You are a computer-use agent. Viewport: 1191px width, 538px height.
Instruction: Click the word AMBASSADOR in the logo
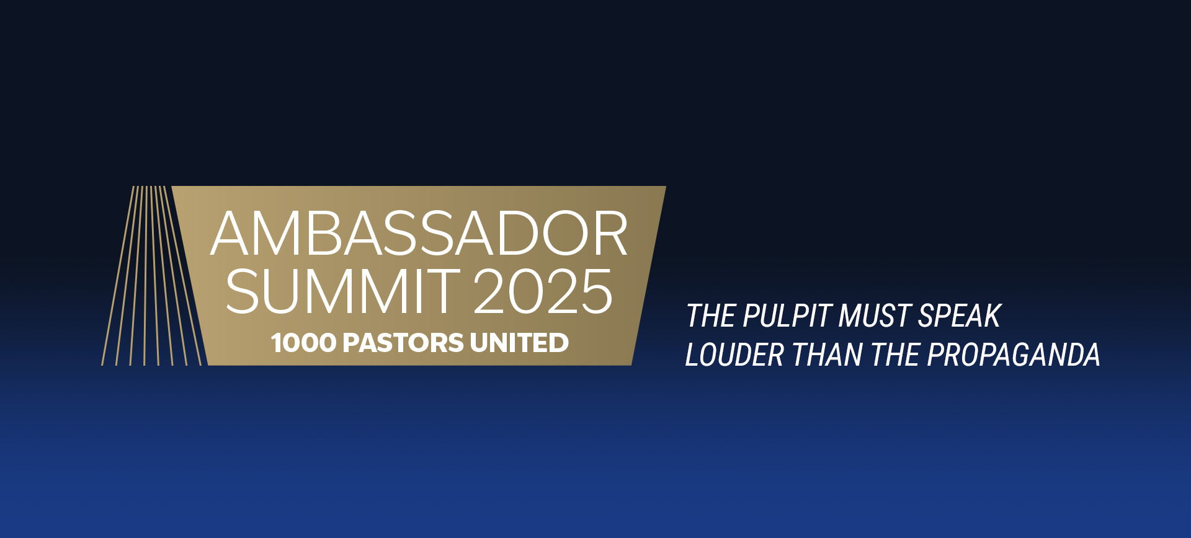419,233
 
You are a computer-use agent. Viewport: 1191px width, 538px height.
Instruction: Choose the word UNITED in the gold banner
519,343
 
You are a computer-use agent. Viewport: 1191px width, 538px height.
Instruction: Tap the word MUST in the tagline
875,316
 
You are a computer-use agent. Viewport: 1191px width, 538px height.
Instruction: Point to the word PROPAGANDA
1014,355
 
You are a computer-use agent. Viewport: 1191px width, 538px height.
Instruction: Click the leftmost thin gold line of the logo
118,276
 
